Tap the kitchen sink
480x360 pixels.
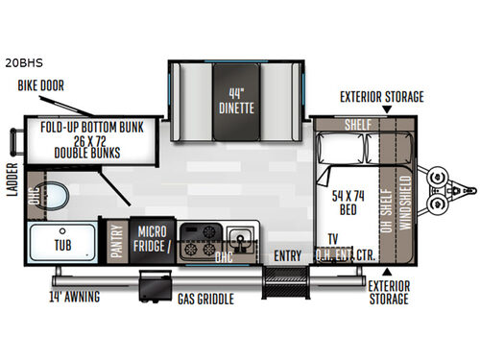point(238,236)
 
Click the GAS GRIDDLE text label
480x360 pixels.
point(204,300)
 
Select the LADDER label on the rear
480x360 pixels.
point(11,204)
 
